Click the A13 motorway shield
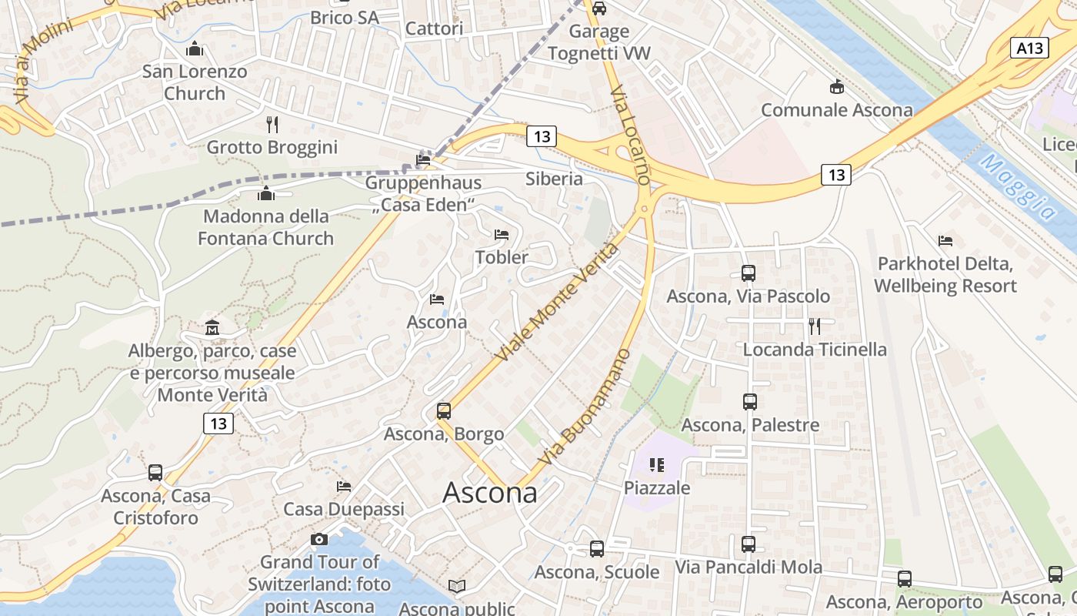pos(1029,49)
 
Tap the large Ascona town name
pos(490,493)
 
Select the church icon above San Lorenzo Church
pos(195,49)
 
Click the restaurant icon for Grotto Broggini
pos(272,124)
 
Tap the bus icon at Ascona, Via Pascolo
pos(749,273)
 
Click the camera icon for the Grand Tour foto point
pos(319,540)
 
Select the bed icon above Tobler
pos(502,234)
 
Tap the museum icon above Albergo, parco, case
pos(212,329)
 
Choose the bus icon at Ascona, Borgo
pos(444,410)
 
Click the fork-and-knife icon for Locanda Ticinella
pos(815,326)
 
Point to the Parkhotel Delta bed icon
pos(945,241)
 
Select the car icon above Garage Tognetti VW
pos(599,8)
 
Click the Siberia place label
pos(554,179)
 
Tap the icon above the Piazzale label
pos(656,465)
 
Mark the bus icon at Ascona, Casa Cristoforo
pos(155,473)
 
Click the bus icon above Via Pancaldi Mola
pos(749,544)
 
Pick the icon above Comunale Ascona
pos(837,87)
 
